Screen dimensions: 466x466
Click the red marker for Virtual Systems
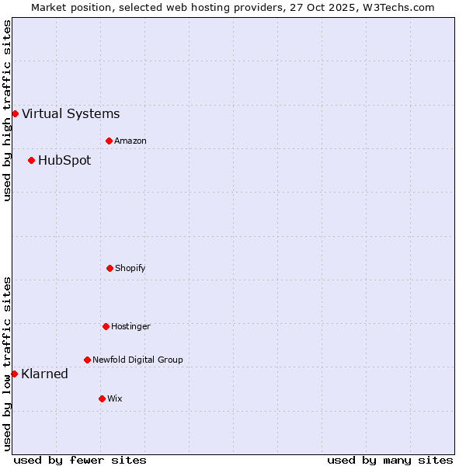(x=15, y=113)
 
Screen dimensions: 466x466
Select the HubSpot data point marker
(x=31, y=161)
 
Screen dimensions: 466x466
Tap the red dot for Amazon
(x=109, y=141)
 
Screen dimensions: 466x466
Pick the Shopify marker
(x=110, y=268)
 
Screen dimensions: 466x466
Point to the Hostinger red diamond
(x=106, y=326)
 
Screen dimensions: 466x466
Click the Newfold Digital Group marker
(x=87, y=360)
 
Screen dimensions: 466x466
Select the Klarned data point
(x=14, y=374)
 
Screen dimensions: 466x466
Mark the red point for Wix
(x=102, y=398)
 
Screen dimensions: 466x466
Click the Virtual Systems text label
(x=71, y=113)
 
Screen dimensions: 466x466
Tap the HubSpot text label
(x=64, y=161)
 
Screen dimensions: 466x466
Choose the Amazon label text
(x=130, y=141)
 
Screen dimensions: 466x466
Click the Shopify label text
(x=130, y=268)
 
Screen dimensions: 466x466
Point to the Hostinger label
(x=130, y=326)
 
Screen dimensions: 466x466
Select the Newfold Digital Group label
(x=137, y=360)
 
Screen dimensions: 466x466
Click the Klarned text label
(x=45, y=374)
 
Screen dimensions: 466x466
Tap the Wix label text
(x=115, y=398)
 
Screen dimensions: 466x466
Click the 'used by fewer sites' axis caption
(x=80, y=460)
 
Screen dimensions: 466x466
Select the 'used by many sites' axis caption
(x=390, y=460)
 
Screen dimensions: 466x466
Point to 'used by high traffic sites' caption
(x=7, y=110)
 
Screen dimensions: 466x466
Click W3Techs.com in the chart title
(x=395, y=7)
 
